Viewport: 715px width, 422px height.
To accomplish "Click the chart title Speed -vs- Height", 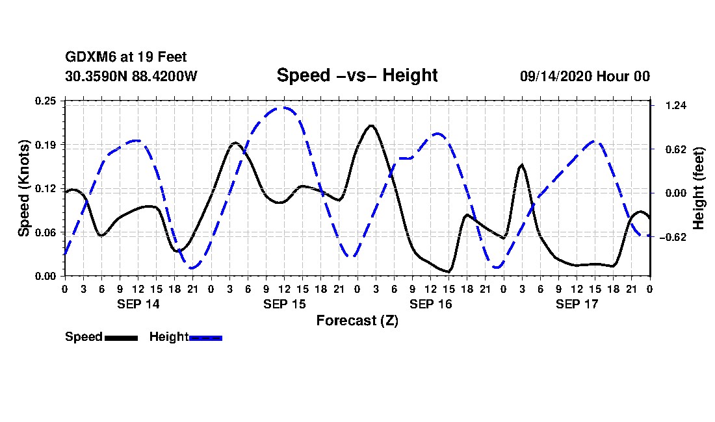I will (357, 75).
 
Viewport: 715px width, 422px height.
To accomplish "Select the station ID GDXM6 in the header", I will (88, 58).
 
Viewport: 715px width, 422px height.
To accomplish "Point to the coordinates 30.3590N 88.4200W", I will (131, 76).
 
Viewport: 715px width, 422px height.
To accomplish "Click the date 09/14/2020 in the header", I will (554, 76).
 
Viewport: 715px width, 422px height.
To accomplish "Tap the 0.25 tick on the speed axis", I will (47, 101).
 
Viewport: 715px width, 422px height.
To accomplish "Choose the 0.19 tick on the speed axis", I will (47, 144).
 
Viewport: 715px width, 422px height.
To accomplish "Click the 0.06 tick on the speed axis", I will (47, 232).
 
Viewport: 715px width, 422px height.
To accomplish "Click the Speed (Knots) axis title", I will (24, 188).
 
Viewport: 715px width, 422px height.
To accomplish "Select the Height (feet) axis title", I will (699, 188).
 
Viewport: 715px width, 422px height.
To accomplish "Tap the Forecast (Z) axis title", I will (357, 321).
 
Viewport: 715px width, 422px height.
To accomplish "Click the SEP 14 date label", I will (138, 304).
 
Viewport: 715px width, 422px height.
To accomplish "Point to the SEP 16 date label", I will (430, 304).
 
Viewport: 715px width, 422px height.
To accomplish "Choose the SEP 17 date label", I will (577, 304).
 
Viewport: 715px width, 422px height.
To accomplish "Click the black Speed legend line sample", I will (120, 338).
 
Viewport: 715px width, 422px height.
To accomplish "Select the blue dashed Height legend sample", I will (205, 338).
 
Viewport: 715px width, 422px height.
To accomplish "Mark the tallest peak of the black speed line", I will (371, 125).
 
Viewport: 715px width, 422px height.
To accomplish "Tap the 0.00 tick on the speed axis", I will (47, 276).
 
